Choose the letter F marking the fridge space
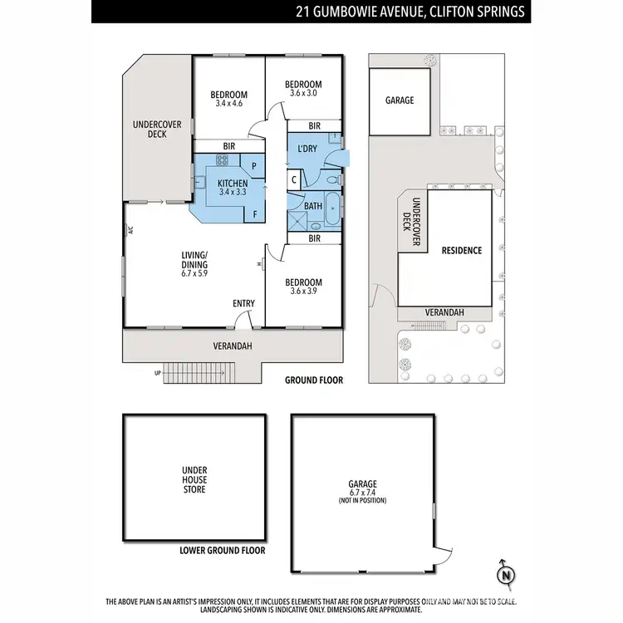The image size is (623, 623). pos(253,213)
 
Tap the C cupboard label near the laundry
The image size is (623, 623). pos(295,179)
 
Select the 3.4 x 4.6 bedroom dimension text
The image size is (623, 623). pos(228,104)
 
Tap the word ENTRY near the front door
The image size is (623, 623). pos(243,304)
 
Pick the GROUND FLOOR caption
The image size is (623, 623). pos(313,380)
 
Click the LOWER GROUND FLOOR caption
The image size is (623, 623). pos(222,551)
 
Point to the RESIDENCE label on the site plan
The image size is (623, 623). pos(461,250)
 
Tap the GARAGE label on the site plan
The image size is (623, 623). pos(399,101)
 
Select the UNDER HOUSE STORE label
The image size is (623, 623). pos(194,479)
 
